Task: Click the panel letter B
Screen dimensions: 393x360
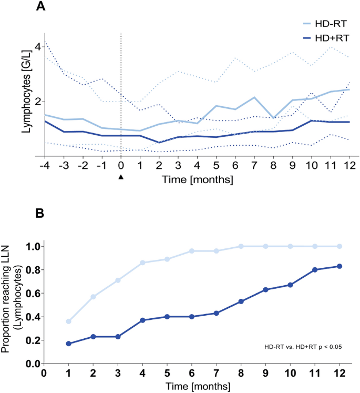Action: coord(41,215)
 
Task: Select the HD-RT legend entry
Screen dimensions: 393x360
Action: coord(323,24)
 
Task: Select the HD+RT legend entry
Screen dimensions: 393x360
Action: coord(323,38)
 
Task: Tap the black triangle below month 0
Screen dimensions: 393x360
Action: coord(121,177)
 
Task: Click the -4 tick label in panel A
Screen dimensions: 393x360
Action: coord(44,166)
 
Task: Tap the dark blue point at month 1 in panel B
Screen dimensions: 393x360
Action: coord(68,344)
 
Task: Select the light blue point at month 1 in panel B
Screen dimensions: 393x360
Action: coord(68,321)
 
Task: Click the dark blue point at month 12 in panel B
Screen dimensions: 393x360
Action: coord(340,266)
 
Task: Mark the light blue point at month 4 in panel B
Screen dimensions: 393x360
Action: coord(142,263)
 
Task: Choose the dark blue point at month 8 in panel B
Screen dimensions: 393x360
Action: coord(241,301)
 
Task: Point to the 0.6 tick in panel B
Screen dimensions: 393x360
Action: coord(33,293)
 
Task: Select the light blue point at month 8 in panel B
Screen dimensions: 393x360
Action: coord(241,246)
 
